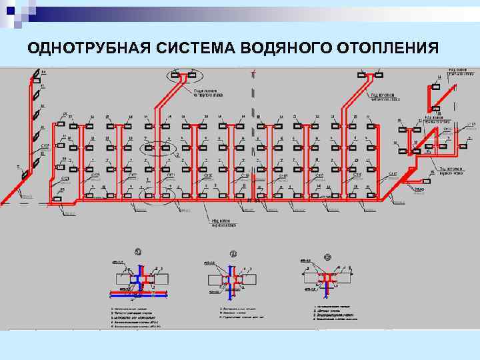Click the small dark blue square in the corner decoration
[x=9, y=9]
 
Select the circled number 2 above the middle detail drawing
[x=234, y=253]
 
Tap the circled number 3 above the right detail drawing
[x=327, y=257]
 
